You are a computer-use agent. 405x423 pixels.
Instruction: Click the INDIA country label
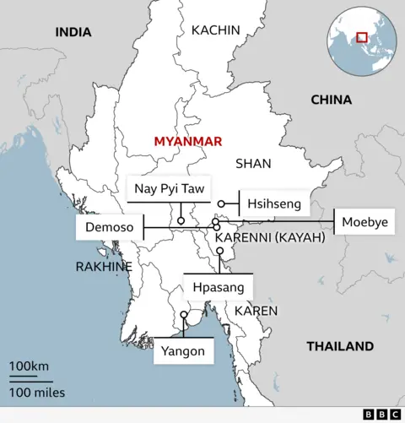coord(73,33)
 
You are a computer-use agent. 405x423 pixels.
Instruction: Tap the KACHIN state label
coord(216,30)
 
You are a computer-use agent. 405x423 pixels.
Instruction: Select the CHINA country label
coord(331,100)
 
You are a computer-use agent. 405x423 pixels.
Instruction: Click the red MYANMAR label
coord(187,141)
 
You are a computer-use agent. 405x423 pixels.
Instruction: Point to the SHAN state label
coord(253,163)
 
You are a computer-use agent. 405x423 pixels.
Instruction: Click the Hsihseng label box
coord(274,203)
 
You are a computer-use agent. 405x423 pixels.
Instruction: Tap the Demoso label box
coord(109,228)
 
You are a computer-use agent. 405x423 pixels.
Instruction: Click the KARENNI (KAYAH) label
coord(270,238)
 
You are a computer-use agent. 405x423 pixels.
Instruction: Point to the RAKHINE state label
coord(104,266)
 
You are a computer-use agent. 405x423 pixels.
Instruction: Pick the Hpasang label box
coord(218,287)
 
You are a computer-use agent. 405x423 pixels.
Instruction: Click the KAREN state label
coord(256,311)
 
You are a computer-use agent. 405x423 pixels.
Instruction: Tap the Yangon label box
coord(183,350)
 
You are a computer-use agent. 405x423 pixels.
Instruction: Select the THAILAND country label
coord(339,346)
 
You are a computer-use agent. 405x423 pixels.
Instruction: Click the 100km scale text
coord(30,366)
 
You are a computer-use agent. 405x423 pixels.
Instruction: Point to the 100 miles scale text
coord(37,392)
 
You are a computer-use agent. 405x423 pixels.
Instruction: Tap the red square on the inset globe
coord(362,37)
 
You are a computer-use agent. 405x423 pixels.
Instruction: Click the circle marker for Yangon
coord(184,316)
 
